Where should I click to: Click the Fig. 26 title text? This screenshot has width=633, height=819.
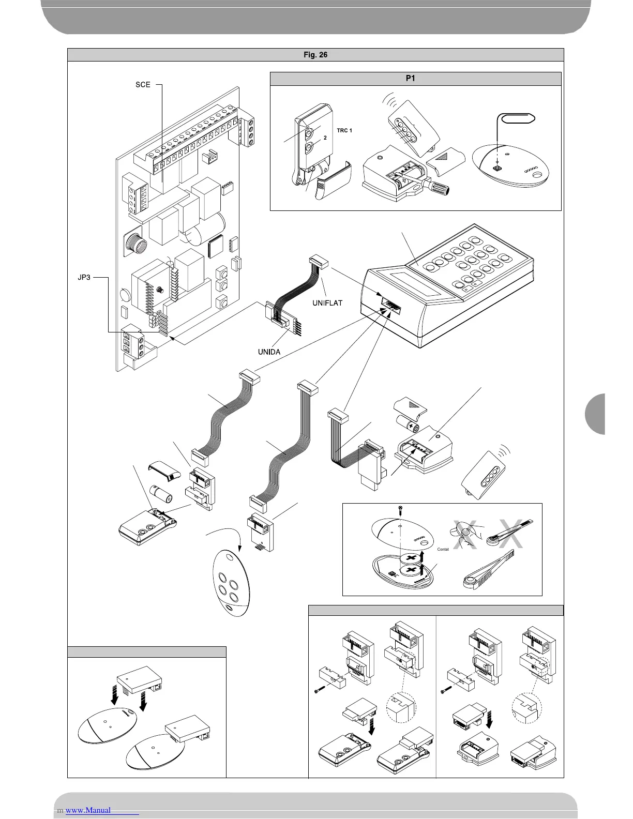pos(315,55)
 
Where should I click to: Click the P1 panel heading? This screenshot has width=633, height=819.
pos(416,79)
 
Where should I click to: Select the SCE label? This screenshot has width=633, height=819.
pos(143,84)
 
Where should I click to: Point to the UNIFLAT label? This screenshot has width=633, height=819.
pos(327,303)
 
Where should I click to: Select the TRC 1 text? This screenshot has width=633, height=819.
pos(344,131)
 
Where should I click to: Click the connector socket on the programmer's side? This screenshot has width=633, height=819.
pos(390,302)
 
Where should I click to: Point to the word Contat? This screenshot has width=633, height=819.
pos(443,549)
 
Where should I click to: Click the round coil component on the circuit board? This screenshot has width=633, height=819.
pos(133,242)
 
